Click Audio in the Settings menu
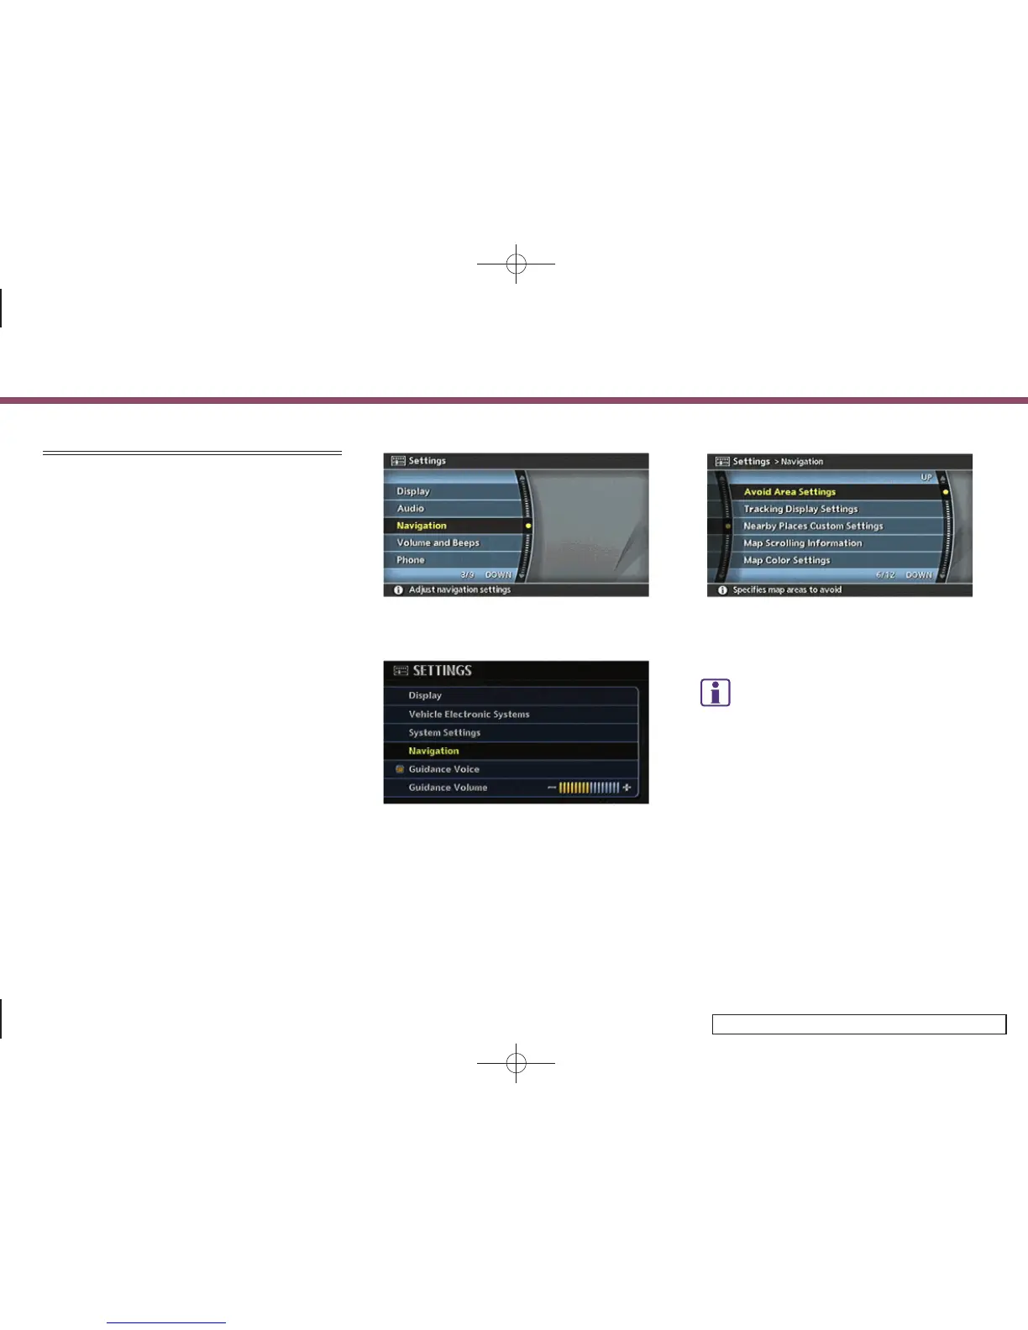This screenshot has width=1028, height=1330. tap(411, 508)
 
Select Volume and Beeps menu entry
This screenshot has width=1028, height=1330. tap(438, 542)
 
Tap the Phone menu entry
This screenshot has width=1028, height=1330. tap(411, 560)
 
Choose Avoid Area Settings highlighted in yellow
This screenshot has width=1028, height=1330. tap(789, 492)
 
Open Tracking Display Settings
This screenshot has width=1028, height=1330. tap(800, 509)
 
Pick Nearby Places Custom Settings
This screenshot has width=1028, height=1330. tap(813, 526)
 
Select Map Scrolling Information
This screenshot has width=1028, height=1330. tap(802, 543)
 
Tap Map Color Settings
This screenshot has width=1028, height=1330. tap(786, 560)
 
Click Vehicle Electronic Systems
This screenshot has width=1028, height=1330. tap(469, 715)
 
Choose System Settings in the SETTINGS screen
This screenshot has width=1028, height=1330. tap(444, 733)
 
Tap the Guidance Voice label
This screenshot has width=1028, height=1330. tap(443, 769)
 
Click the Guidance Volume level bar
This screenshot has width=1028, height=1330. tap(589, 788)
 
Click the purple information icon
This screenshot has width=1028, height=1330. tap(716, 693)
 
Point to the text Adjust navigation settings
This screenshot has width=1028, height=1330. tap(459, 589)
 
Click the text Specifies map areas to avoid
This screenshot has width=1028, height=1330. tap(787, 589)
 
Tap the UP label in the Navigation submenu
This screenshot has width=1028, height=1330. tap(926, 477)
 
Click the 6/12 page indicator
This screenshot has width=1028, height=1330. tap(885, 575)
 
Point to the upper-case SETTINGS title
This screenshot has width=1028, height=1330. tap(442, 671)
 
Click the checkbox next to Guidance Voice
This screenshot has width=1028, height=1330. tap(400, 769)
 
